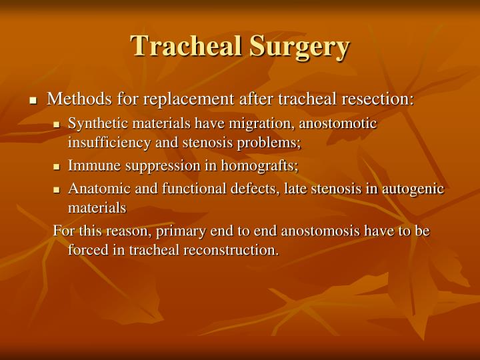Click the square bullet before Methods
(33, 101)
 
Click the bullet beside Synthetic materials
(57, 125)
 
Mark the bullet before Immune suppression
(57, 167)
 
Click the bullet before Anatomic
(57, 190)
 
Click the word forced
(86, 250)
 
